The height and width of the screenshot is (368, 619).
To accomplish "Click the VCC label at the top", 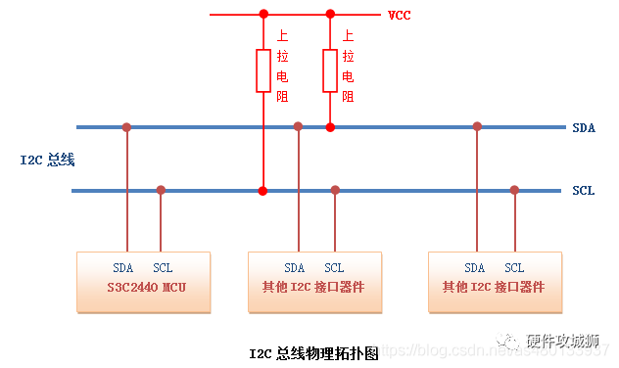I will (399, 15).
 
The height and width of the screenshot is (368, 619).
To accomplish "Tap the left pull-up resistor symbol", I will (262, 70).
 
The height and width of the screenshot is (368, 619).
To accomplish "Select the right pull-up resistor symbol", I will (330, 70).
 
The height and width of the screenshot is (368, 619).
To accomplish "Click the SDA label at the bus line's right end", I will (584, 127).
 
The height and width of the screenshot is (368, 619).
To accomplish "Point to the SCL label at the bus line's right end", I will (584, 190).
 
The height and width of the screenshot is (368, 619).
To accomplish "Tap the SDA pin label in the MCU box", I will (123, 267).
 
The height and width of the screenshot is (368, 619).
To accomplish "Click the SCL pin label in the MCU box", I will (163, 267).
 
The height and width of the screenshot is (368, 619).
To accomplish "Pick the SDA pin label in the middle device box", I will (295, 267).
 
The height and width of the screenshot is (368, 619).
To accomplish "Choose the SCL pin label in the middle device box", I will (334, 267).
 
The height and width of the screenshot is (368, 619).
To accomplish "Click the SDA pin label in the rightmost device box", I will (475, 267).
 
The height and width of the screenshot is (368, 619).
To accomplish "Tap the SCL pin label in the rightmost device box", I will (514, 267).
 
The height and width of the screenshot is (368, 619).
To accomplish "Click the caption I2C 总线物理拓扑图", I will (313, 353).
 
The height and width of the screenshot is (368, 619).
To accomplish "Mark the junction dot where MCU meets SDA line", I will (126, 127).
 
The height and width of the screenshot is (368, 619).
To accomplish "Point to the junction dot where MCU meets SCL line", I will (161, 190).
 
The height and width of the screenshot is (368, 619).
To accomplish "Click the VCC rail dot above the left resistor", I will (262, 15).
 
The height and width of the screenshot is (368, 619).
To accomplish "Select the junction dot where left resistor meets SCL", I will (262, 190).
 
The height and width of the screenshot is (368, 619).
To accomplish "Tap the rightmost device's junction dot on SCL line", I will (514, 190).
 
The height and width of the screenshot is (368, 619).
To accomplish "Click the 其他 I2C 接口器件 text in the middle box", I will (312, 288).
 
